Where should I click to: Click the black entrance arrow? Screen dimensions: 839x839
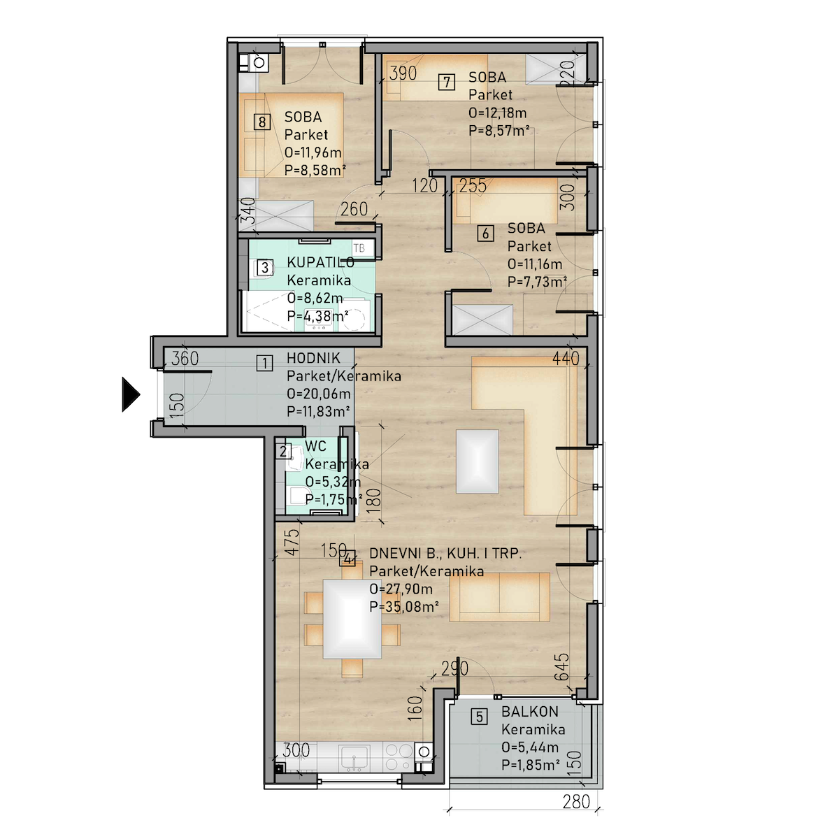pyautogui.click(x=131, y=394)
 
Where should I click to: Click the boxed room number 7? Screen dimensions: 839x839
pyautogui.click(x=447, y=82)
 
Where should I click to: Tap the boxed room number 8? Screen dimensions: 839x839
pyautogui.click(x=261, y=122)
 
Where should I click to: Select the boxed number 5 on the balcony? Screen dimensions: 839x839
pyautogui.click(x=480, y=716)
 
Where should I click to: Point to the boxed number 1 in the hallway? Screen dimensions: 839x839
pyautogui.click(x=265, y=363)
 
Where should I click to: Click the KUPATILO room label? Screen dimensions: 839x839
pyautogui.click(x=320, y=262)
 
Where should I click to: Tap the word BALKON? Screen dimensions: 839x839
pyautogui.click(x=529, y=712)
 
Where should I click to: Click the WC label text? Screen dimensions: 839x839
pyautogui.click(x=315, y=446)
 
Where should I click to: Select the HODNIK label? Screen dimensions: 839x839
pyautogui.click(x=313, y=358)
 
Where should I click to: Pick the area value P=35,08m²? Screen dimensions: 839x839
pyautogui.click(x=403, y=606)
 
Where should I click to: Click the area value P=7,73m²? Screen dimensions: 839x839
pyautogui.click(x=537, y=281)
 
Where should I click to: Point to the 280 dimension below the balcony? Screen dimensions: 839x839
pyautogui.click(x=576, y=801)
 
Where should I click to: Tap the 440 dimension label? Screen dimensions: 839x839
pyautogui.click(x=566, y=359)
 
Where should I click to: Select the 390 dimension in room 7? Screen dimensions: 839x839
pyautogui.click(x=403, y=73)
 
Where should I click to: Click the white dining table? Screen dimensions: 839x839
pyautogui.click(x=352, y=619)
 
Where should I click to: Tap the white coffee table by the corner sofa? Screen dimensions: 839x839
pyautogui.click(x=478, y=461)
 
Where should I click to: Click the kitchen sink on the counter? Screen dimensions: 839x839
pyautogui.click(x=354, y=758)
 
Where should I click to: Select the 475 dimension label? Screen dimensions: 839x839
pyautogui.click(x=294, y=542)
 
